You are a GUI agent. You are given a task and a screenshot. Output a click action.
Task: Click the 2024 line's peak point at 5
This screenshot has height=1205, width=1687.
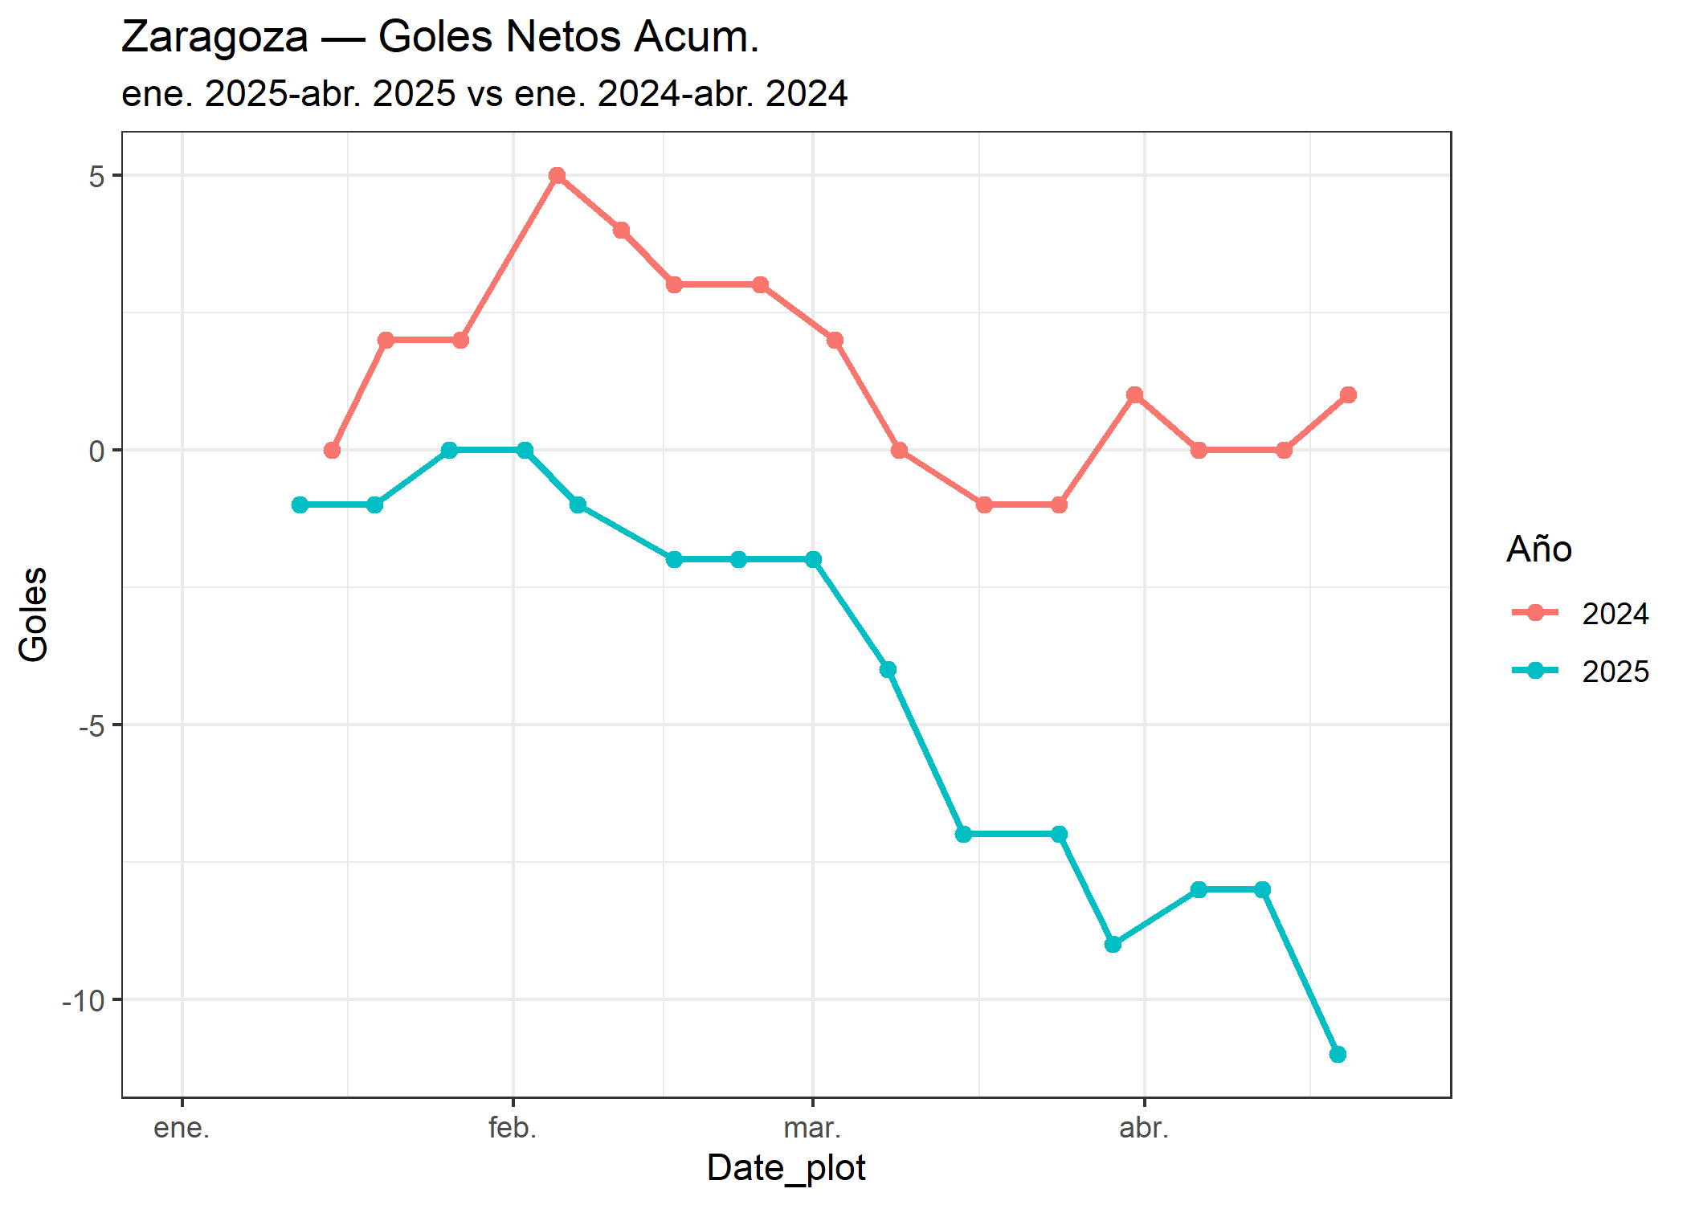[x=557, y=175]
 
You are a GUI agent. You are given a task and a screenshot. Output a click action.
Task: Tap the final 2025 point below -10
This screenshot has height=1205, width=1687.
[x=1338, y=1054]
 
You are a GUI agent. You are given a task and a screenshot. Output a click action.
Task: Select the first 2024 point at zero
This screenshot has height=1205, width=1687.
[x=332, y=450]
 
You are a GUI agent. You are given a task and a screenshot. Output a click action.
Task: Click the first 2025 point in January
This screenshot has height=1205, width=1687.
[x=300, y=504]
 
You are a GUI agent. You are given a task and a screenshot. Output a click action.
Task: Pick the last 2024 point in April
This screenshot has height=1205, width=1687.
[x=1348, y=394]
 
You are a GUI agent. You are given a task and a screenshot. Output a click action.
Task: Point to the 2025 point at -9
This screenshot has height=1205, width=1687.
[x=1113, y=944]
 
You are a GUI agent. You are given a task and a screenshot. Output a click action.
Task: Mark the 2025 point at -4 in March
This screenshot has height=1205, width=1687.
[x=888, y=669]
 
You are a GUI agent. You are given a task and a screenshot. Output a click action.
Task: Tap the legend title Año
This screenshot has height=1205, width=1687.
[x=1538, y=549]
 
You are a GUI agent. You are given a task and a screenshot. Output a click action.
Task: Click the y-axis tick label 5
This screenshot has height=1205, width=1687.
[x=97, y=176]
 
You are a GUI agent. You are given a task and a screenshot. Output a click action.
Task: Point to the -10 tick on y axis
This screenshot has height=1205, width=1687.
[x=84, y=1000]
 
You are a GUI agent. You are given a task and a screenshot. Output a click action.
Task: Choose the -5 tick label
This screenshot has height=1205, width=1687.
[x=92, y=725]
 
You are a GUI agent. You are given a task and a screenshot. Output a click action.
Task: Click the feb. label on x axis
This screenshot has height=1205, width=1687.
[x=513, y=1128]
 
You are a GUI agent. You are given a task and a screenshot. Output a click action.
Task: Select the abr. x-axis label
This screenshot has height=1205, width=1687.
[x=1144, y=1128]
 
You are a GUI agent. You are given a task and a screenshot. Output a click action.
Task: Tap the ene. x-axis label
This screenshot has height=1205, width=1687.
[x=182, y=1128]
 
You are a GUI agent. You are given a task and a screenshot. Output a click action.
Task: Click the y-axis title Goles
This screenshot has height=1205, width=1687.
[x=34, y=615]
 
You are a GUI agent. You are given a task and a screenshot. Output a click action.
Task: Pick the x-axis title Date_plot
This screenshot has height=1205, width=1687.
[x=786, y=1167]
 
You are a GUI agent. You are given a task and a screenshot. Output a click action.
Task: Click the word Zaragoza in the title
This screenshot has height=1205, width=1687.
[x=214, y=37]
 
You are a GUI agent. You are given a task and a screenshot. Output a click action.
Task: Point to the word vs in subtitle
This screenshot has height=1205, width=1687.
[x=485, y=94]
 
